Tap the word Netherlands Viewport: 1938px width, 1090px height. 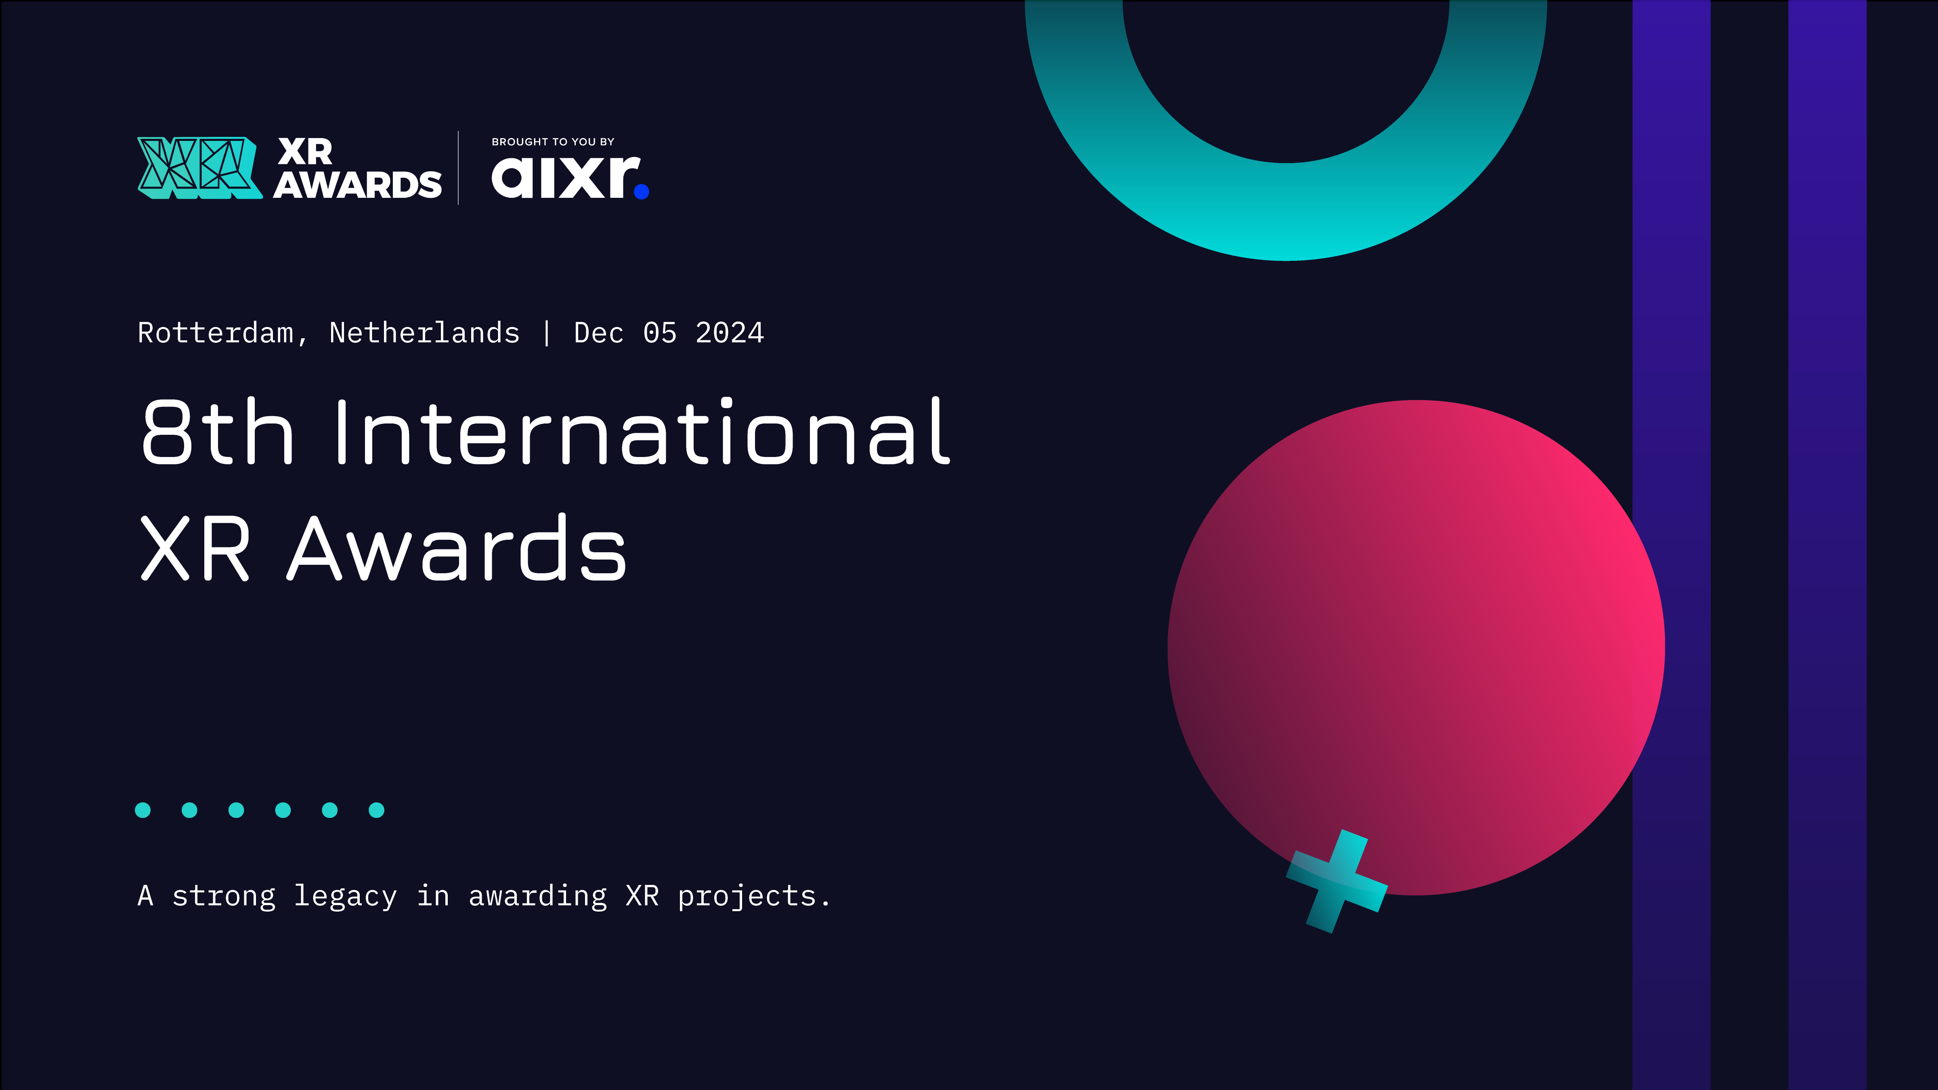[424, 333]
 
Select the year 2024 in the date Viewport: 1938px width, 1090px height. [729, 333]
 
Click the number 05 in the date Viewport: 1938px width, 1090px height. [660, 333]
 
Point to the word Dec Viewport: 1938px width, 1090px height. [599, 333]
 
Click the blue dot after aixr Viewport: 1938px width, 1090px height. [642, 192]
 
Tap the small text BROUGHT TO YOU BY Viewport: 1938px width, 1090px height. [553, 141]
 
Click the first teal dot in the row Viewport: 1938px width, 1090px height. [143, 810]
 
